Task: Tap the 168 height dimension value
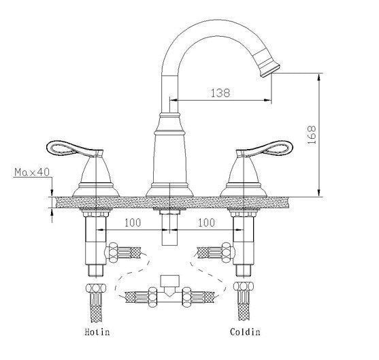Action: pyautogui.click(x=332, y=139)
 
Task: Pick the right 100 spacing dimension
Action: pyautogui.click(x=206, y=223)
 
